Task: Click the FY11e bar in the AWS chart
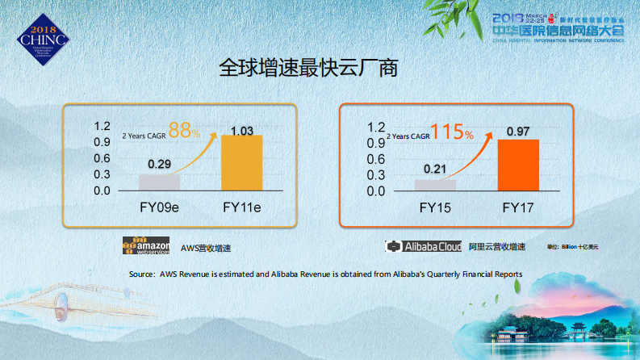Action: (242, 163)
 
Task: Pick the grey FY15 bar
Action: (435, 185)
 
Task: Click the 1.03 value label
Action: (242, 130)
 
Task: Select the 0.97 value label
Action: (518, 132)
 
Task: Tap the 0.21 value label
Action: (435, 170)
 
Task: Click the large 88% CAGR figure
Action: (184, 131)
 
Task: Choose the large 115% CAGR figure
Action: (452, 132)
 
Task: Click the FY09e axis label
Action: (156, 208)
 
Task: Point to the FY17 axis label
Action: (517, 208)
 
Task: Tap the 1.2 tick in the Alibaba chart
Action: (375, 128)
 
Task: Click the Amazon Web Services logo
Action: (146, 246)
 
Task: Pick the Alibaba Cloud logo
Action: (423, 246)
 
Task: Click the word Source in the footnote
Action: (140, 274)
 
